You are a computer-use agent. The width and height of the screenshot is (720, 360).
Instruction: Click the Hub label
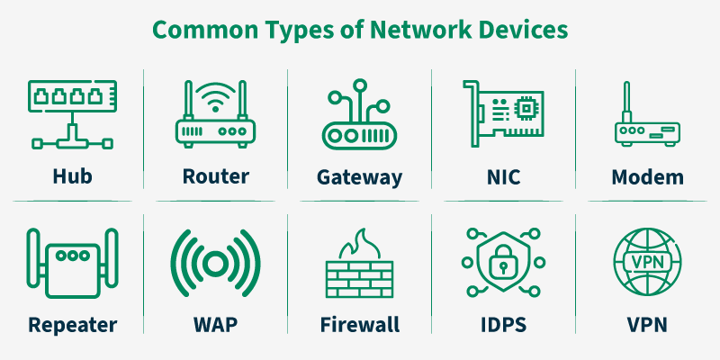tap(72, 175)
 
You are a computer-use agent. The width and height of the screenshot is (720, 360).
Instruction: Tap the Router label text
tap(215, 175)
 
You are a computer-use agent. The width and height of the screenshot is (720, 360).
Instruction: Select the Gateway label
tap(359, 176)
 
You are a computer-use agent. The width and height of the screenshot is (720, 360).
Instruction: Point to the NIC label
tap(503, 175)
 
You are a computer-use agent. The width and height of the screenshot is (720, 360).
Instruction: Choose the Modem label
tap(647, 175)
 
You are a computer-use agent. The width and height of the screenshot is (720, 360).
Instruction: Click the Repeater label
tap(72, 324)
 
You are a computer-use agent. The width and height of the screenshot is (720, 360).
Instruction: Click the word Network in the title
tap(399, 30)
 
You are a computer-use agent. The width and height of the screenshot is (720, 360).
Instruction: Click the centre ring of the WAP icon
tap(215, 264)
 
